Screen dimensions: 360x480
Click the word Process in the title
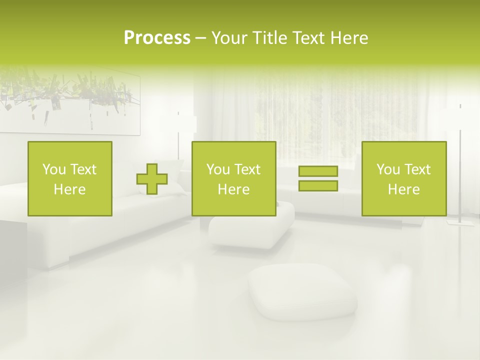tap(157, 38)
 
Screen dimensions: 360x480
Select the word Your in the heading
tap(227, 38)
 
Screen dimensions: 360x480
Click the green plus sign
tap(152, 179)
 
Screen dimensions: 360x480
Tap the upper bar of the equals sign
tap(318, 171)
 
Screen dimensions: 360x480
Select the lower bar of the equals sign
tap(318, 186)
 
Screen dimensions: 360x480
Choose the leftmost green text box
tap(70, 178)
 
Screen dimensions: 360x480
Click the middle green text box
tap(233, 178)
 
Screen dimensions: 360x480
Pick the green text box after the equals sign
tap(404, 178)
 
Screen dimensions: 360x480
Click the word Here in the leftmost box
tap(70, 189)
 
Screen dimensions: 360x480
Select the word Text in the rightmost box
tap(417, 169)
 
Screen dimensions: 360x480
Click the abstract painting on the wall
tap(70, 100)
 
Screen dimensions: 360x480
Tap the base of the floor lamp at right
tap(460, 222)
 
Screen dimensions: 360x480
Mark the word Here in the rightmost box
tap(404, 189)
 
